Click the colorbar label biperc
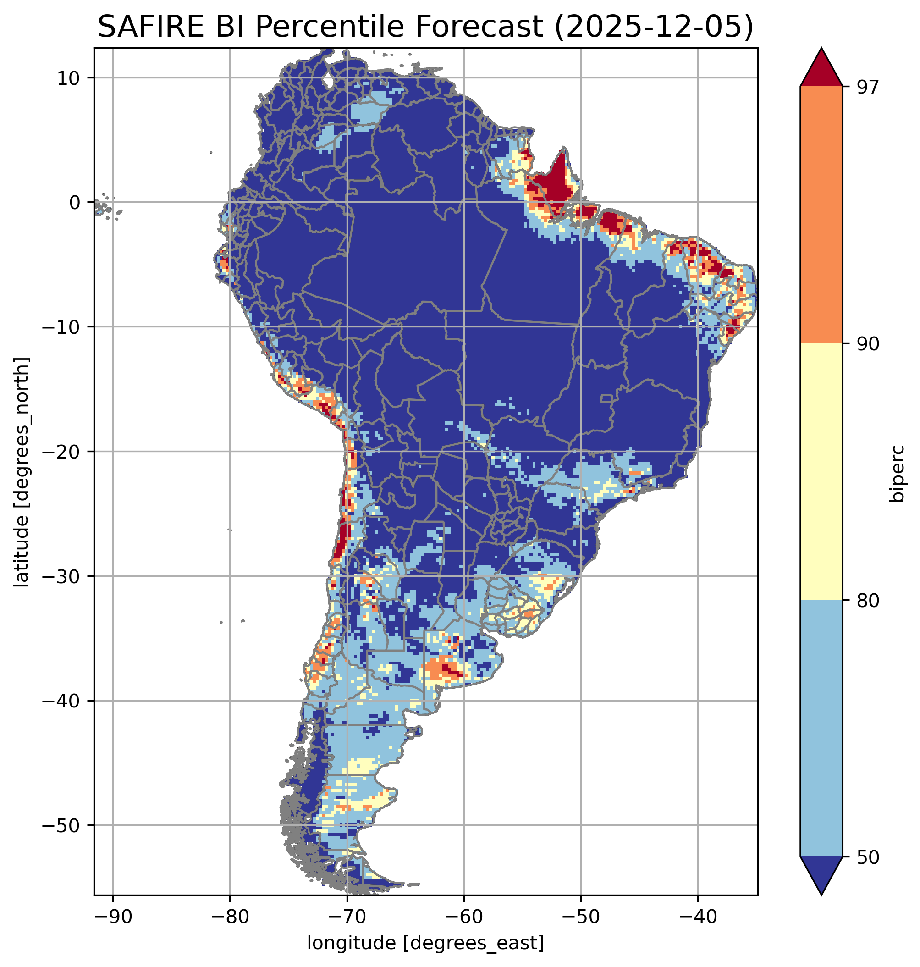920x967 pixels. pos(898,473)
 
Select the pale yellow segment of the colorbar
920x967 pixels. pos(821,472)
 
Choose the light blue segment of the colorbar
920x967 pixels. pos(821,729)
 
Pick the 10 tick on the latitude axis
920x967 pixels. pos(69,78)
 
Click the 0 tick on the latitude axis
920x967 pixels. pos(75,203)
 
